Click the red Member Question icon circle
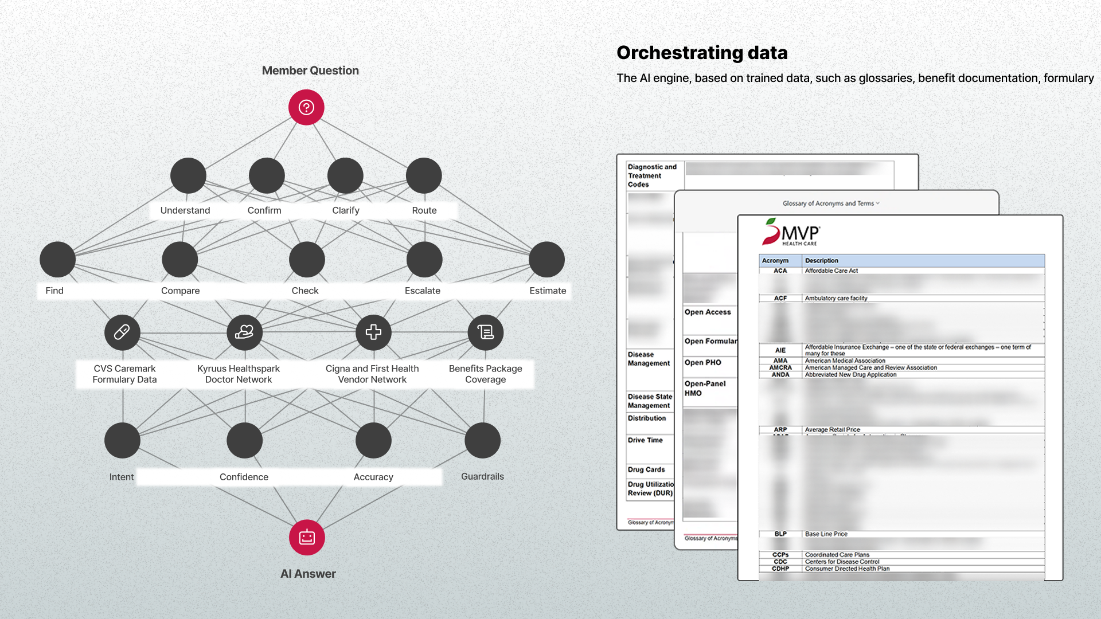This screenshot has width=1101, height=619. (x=306, y=107)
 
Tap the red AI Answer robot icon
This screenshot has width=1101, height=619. (x=307, y=537)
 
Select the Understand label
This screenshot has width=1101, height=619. (x=185, y=210)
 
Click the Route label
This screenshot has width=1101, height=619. (x=424, y=210)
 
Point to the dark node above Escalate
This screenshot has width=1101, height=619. (x=424, y=259)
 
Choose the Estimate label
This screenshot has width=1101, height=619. (x=548, y=291)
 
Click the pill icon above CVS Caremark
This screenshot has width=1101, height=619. (x=122, y=332)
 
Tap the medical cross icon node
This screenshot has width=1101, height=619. (x=373, y=332)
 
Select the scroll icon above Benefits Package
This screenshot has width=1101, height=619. (x=486, y=332)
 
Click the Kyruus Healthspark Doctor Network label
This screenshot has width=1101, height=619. (x=239, y=374)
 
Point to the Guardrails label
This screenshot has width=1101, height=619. (x=482, y=476)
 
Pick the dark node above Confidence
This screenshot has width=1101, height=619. (x=245, y=440)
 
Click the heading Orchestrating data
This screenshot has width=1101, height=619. (x=702, y=53)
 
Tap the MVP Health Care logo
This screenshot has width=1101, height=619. (x=791, y=232)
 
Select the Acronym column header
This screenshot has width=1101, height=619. (x=775, y=260)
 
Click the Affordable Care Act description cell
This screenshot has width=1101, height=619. (x=831, y=271)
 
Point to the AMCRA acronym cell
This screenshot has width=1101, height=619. (x=780, y=367)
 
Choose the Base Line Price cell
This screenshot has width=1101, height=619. (x=826, y=534)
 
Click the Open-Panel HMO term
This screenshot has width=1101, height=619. (x=705, y=388)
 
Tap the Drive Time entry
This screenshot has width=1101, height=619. (x=645, y=440)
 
